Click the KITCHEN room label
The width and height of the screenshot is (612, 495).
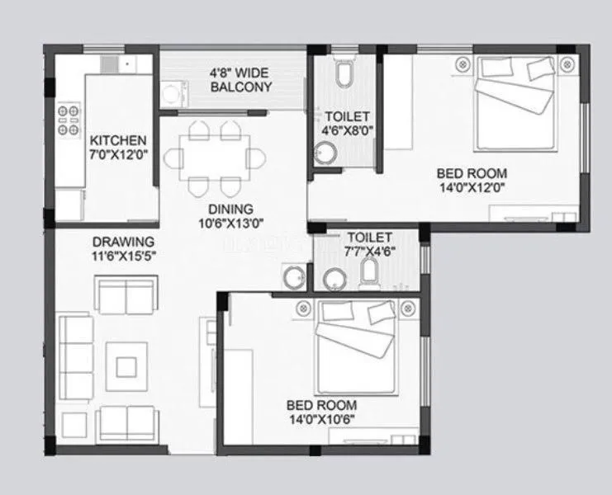point(118,140)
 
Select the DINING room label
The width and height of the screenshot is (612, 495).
point(230,209)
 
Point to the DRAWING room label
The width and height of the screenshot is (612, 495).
point(123,241)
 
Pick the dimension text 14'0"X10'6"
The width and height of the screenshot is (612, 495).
point(321,419)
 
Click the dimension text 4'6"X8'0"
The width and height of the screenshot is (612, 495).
point(347,130)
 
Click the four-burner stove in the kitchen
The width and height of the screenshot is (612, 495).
point(69,120)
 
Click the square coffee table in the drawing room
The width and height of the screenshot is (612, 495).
point(129,365)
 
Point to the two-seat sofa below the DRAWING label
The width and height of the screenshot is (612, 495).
point(125,292)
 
